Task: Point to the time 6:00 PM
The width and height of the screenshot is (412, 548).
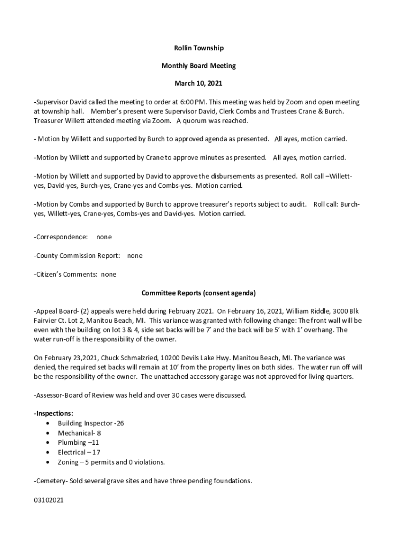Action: (192, 102)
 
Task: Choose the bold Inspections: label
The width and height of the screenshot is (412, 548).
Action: (54, 413)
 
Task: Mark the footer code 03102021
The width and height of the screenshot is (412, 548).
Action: (49, 503)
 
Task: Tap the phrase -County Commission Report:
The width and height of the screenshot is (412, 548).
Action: (77, 255)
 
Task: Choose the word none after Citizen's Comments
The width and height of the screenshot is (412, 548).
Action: (109, 275)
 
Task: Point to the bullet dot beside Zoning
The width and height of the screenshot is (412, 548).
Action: (49, 462)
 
